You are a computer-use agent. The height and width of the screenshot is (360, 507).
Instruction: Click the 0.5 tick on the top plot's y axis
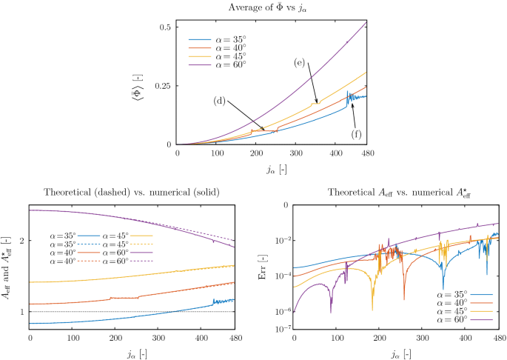166,27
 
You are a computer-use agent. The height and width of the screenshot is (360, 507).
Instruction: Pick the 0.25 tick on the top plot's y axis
163,86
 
